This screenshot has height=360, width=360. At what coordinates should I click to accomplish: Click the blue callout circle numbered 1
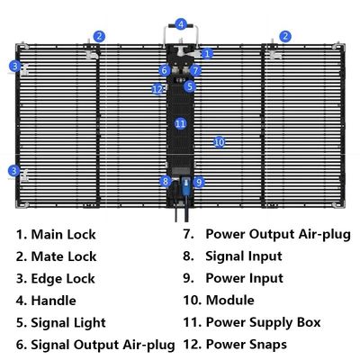tap(207, 54)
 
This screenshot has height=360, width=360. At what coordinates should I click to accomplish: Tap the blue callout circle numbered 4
tap(181, 24)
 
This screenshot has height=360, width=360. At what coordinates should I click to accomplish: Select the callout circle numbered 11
tap(180, 122)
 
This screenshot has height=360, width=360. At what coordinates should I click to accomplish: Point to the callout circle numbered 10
tap(219, 142)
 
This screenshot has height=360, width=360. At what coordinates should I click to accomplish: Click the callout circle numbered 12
tap(158, 89)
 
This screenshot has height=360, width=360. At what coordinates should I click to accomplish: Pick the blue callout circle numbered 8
tap(165, 181)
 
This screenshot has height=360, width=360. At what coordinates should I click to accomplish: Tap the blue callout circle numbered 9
tap(199, 181)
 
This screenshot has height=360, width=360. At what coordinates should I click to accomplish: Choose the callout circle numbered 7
tap(195, 69)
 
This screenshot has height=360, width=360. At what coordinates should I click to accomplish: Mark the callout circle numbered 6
tap(165, 69)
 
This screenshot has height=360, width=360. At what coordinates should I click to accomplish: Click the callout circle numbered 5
tap(189, 86)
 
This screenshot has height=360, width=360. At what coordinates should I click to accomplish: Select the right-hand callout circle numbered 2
tap(285, 37)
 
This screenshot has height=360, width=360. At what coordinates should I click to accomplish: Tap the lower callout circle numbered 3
tap(14, 170)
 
